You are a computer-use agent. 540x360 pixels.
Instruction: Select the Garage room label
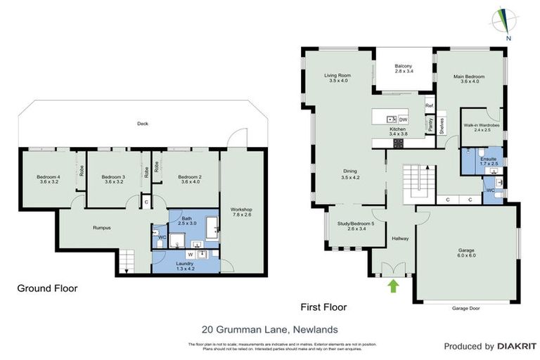467,252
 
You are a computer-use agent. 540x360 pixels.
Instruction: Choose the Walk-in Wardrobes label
482,127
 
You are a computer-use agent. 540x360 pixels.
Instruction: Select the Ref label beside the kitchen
429,106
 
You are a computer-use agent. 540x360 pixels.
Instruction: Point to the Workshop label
240,212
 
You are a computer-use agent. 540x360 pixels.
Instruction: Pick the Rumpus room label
102,227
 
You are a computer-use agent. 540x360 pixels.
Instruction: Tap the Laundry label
184,264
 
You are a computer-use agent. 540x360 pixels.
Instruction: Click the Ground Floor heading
47,288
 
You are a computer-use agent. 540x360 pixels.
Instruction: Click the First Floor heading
323,307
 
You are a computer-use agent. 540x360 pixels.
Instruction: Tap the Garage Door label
467,308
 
